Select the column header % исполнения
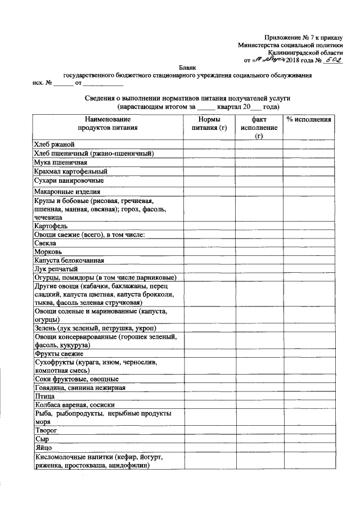308,120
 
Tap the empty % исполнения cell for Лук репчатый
308,269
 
